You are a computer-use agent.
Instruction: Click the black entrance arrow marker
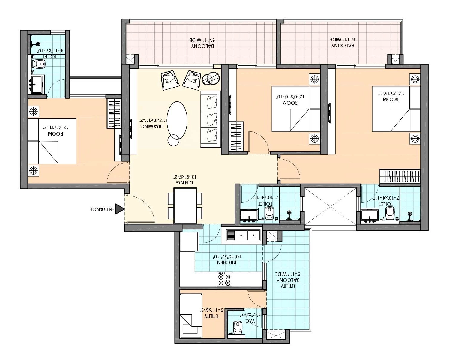point(119,209)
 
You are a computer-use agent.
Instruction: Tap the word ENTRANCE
point(102,209)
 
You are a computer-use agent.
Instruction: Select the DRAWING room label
point(152,126)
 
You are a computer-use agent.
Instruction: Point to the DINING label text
point(185,182)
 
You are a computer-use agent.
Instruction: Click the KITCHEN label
point(227,262)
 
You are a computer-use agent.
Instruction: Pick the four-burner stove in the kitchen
point(225,279)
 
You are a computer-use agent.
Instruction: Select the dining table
point(185,206)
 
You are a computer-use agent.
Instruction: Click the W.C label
point(250,321)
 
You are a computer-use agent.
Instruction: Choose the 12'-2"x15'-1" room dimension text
point(391,94)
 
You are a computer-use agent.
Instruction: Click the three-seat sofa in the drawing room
point(211,119)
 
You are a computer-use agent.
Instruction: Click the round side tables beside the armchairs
point(211,78)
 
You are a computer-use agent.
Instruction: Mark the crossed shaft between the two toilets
point(330,206)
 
